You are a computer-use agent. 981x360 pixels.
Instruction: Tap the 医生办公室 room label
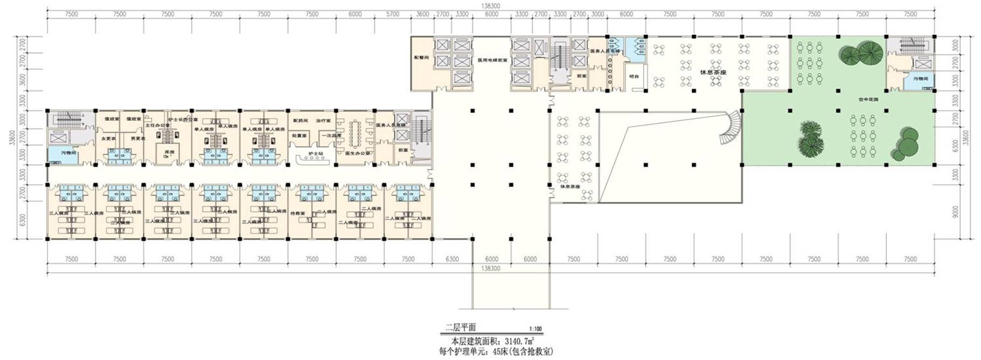(358, 153)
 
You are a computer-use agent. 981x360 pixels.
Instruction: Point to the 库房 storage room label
(169, 153)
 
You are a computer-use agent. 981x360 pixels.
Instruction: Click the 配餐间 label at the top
(421, 57)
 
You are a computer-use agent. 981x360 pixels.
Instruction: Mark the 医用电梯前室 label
(492, 60)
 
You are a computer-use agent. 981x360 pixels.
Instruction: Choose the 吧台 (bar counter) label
(634, 76)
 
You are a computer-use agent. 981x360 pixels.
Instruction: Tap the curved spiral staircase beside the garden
(731, 128)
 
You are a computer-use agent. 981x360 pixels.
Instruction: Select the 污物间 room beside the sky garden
(920, 79)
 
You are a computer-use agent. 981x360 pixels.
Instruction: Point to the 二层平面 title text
(460, 327)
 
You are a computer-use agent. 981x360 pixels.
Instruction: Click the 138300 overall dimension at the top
(490, 5)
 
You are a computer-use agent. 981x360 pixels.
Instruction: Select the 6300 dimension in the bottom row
(452, 259)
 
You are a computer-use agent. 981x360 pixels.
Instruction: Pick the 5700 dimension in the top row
(393, 14)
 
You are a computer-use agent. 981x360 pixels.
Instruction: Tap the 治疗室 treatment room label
(323, 121)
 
